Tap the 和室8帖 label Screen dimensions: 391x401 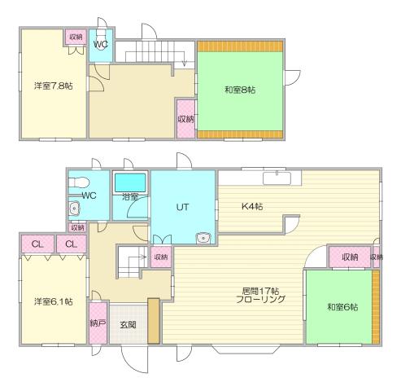[x=240, y=90]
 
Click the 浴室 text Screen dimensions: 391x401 [x=131, y=196]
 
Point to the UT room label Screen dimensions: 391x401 [x=183, y=207]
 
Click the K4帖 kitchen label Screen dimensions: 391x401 [x=252, y=207]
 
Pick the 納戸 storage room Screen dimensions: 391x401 [x=98, y=323]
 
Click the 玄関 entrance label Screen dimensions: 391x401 [x=128, y=323]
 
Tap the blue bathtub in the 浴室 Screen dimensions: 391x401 [x=130, y=180]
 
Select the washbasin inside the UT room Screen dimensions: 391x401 [x=203, y=238]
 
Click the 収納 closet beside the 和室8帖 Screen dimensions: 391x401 [x=185, y=119]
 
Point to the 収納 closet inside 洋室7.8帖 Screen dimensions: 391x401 [x=76, y=37]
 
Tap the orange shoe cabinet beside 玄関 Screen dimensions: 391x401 [x=152, y=322]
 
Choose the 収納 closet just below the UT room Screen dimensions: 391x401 [x=160, y=257]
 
